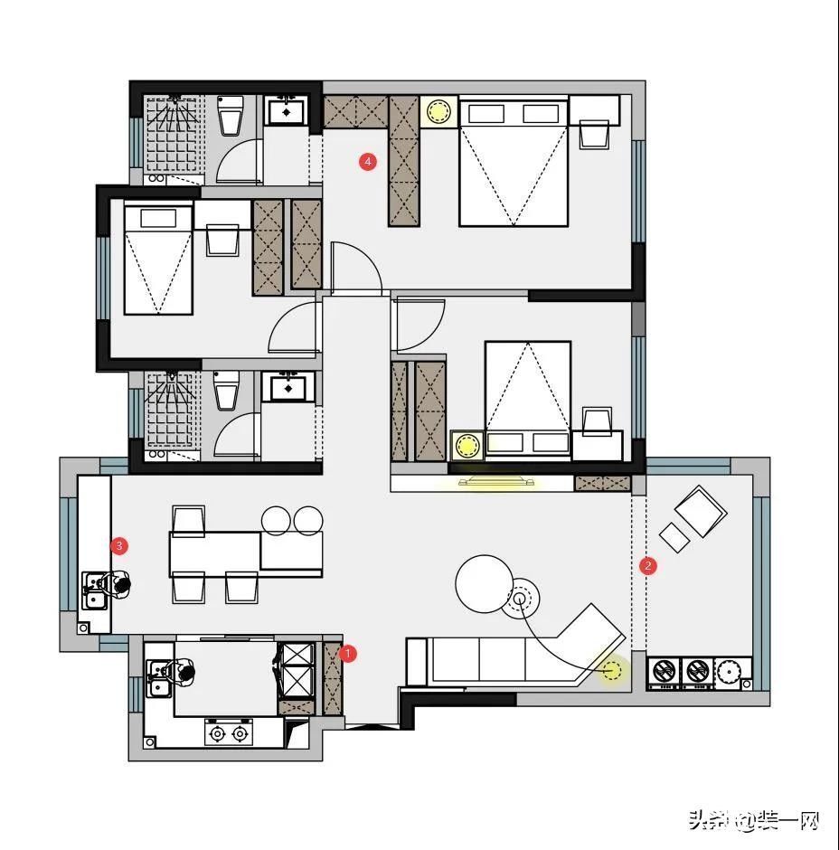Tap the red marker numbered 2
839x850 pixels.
(647, 566)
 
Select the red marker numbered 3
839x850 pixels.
(118, 545)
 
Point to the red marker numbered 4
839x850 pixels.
(367, 162)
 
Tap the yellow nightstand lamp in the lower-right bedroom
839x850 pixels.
(467, 445)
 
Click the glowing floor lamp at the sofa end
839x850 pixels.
(614, 671)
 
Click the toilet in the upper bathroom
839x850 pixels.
(231, 115)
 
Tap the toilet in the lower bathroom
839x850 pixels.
(226, 391)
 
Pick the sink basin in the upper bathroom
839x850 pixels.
(288, 112)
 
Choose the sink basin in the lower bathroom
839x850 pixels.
(288, 389)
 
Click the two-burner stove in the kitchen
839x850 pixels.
(228, 732)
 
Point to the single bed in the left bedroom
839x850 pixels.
(159, 260)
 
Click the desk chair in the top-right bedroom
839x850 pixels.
(594, 134)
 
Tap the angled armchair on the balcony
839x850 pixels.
(701, 513)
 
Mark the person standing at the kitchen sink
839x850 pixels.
(184, 673)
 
